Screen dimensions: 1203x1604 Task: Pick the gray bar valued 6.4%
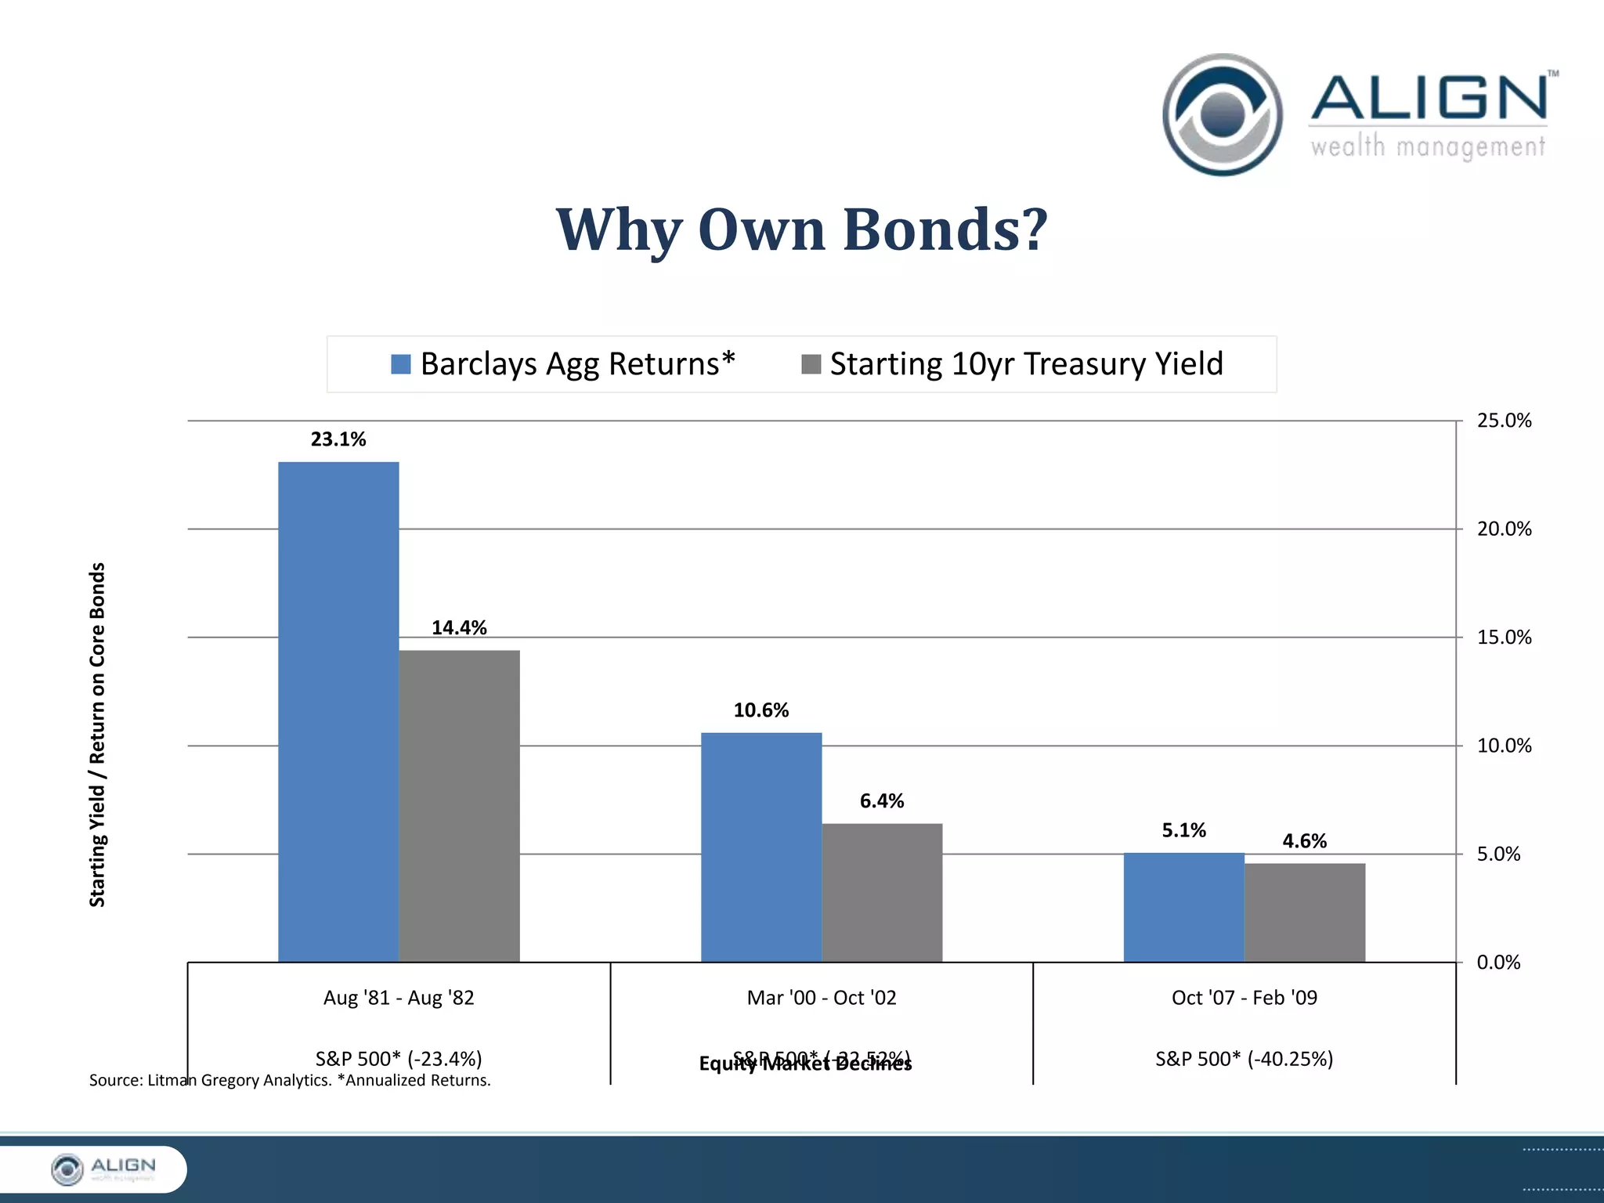[x=882, y=892]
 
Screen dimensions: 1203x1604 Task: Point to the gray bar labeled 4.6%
[x=1305, y=912]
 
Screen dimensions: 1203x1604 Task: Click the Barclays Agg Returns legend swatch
[x=401, y=364]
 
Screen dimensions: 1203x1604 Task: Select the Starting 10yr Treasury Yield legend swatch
[x=811, y=364]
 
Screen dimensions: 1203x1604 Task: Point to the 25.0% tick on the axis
[x=1504, y=421]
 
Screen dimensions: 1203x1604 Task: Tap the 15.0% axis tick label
[x=1504, y=638]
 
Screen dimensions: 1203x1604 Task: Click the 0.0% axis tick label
[x=1498, y=963]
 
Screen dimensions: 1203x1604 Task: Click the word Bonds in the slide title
[x=944, y=229]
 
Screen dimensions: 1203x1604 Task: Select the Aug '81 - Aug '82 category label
[x=399, y=998]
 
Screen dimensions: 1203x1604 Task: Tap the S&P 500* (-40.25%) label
[x=1244, y=1059]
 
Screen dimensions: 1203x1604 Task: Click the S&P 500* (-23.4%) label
[x=399, y=1059]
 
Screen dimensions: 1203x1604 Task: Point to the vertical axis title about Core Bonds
[x=97, y=735]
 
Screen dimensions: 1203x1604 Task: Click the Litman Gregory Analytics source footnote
[x=290, y=1081]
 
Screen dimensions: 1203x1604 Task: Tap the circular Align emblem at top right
[x=1223, y=114]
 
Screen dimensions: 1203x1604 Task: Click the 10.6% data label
[x=760, y=710]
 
